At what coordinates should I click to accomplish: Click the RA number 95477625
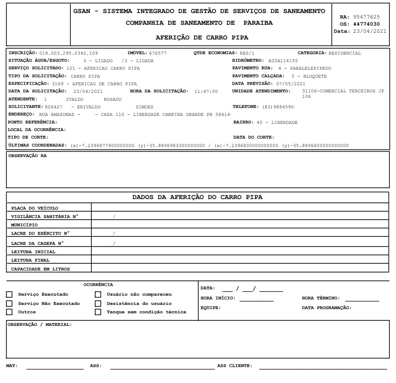[366, 17]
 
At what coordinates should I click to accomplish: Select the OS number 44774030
[366, 24]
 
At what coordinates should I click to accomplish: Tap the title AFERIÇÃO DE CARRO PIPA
[202, 37]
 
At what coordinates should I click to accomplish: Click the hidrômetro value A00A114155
[283, 61]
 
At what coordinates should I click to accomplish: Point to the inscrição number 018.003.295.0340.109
[68, 53]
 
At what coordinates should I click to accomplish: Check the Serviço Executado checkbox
[9, 294]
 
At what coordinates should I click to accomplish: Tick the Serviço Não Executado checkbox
[9, 303]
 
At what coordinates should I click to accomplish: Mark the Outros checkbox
[9, 312]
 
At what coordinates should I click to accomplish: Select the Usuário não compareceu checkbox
[98, 294]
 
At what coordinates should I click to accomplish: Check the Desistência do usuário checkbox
[98, 303]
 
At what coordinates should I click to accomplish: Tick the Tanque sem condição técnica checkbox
[98, 312]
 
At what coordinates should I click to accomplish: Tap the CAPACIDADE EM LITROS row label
[41, 269]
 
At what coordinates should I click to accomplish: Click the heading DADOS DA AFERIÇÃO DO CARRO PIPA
[198, 197]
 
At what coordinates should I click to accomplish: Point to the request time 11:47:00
[206, 91]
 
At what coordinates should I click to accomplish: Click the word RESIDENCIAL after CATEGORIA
[344, 53]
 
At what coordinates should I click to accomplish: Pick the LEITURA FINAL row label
[30, 260]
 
